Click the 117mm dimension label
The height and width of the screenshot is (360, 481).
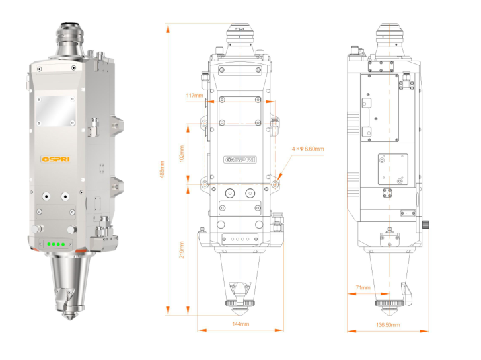click(194, 96)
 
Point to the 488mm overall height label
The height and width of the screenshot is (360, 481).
click(163, 168)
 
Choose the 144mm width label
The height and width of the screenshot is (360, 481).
click(240, 324)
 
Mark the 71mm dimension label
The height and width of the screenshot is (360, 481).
click(363, 288)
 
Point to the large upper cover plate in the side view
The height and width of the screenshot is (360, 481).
click(379, 107)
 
